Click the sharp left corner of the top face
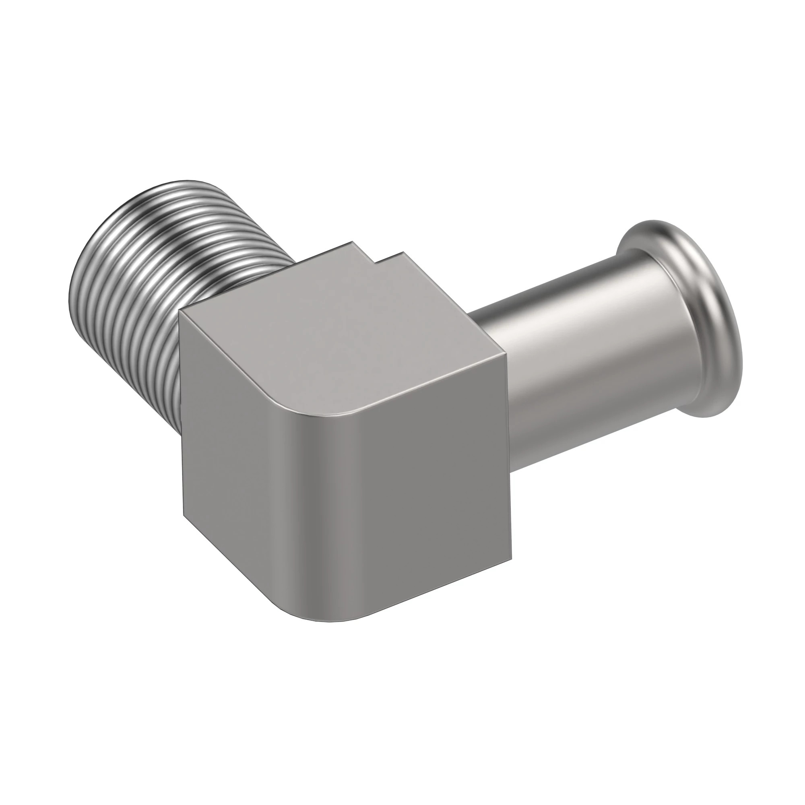tap(180, 310)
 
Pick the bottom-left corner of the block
tap(183, 514)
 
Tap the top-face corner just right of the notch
tap(402, 252)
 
